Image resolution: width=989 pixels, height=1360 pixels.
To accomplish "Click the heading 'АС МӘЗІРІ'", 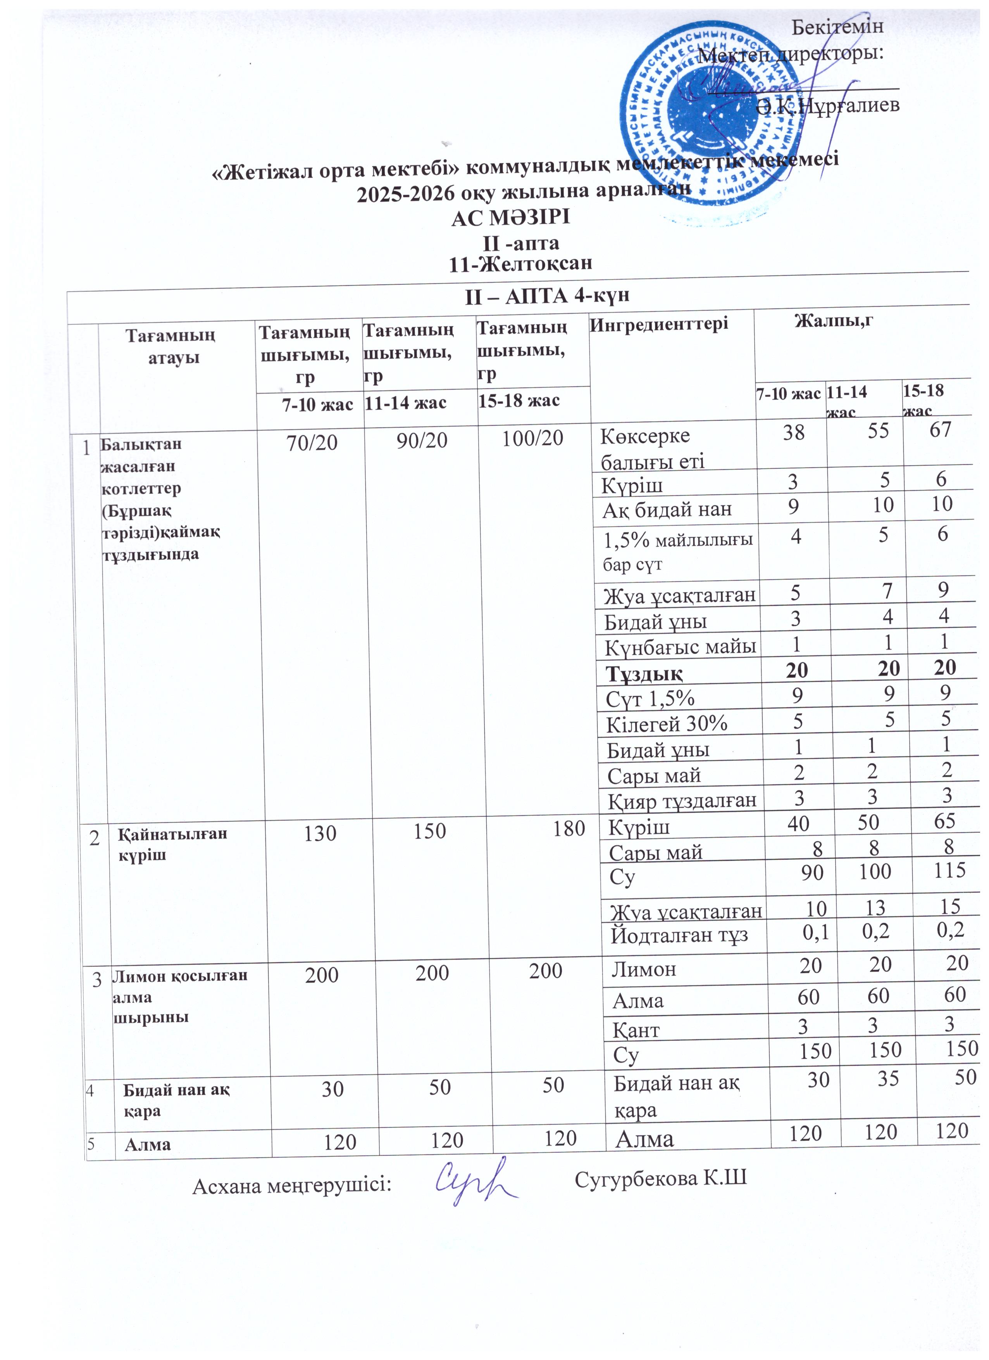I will tap(510, 218).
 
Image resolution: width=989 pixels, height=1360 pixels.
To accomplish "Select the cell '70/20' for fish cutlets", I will tap(312, 442).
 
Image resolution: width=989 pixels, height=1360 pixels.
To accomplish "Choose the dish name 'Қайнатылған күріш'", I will tap(172, 844).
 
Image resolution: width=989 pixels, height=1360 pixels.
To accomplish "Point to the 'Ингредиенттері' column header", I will tap(659, 324).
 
